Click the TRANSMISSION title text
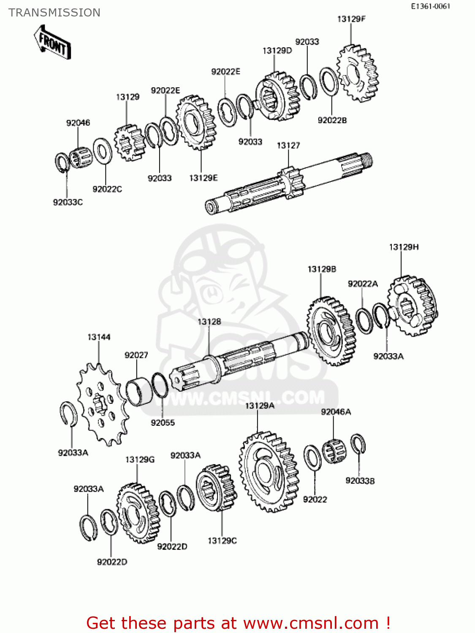pos(54,13)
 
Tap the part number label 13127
pos(288,146)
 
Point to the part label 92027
pos(136,355)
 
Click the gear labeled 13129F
pos(358,74)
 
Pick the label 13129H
pos(404,247)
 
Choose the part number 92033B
pos(360,481)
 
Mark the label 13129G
pos(140,460)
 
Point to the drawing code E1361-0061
pos(431,6)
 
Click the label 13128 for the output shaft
pos(209,322)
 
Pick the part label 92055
pos(163,422)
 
